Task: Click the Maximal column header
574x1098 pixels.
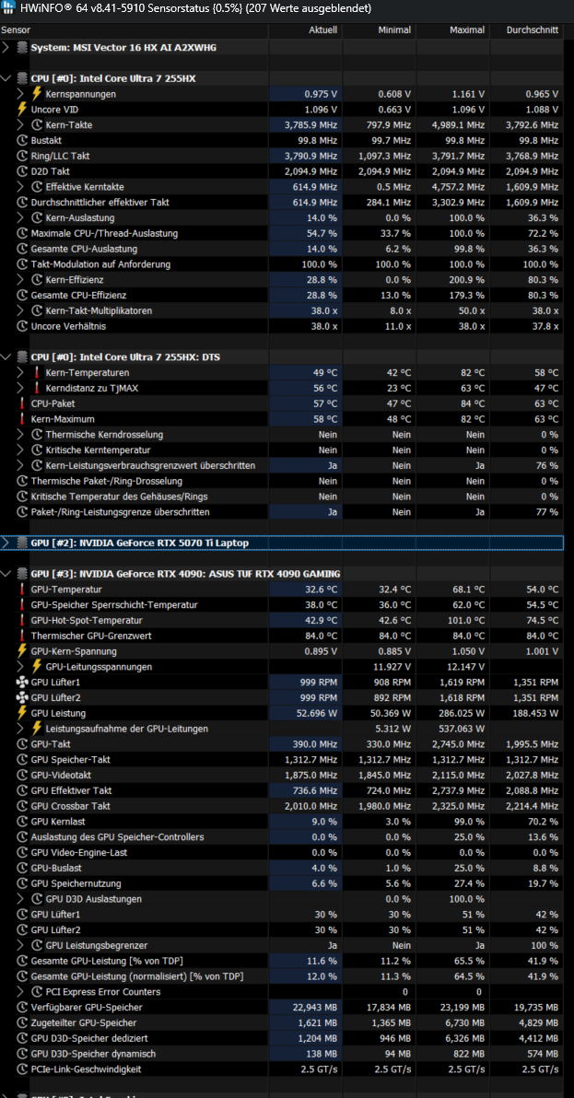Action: pyautogui.click(x=468, y=30)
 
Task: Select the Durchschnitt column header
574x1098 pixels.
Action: pyautogui.click(x=532, y=30)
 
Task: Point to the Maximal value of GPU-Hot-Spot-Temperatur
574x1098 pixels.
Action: pyautogui.click(x=465, y=621)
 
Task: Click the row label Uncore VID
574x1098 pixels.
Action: pyautogui.click(x=54, y=110)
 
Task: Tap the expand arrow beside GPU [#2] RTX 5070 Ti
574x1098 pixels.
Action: pyautogui.click(x=6, y=543)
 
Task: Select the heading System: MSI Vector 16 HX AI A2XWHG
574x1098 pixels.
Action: pyautogui.click(x=123, y=48)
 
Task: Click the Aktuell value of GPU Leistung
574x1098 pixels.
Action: pyautogui.click(x=315, y=713)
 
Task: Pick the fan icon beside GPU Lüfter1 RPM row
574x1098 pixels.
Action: pyautogui.click(x=22, y=682)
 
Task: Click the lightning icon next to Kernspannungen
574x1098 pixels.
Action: pyautogui.click(x=37, y=94)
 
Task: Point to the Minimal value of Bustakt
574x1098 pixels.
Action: pyautogui.click(x=392, y=140)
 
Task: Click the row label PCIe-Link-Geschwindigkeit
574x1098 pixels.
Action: pyautogui.click(x=86, y=1069)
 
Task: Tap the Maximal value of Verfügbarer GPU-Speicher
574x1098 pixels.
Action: pyautogui.click(x=460, y=1007)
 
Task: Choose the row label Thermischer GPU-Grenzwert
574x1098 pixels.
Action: pyautogui.click(x=91, y=636)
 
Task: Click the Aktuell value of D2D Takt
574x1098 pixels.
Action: pyautogui.click(x=310, y=170)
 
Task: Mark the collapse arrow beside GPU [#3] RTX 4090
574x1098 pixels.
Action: pyautogui.click(x=6, y=574)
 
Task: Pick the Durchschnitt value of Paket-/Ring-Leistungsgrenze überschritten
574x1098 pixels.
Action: pyautogui.click(x=546, y=512)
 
